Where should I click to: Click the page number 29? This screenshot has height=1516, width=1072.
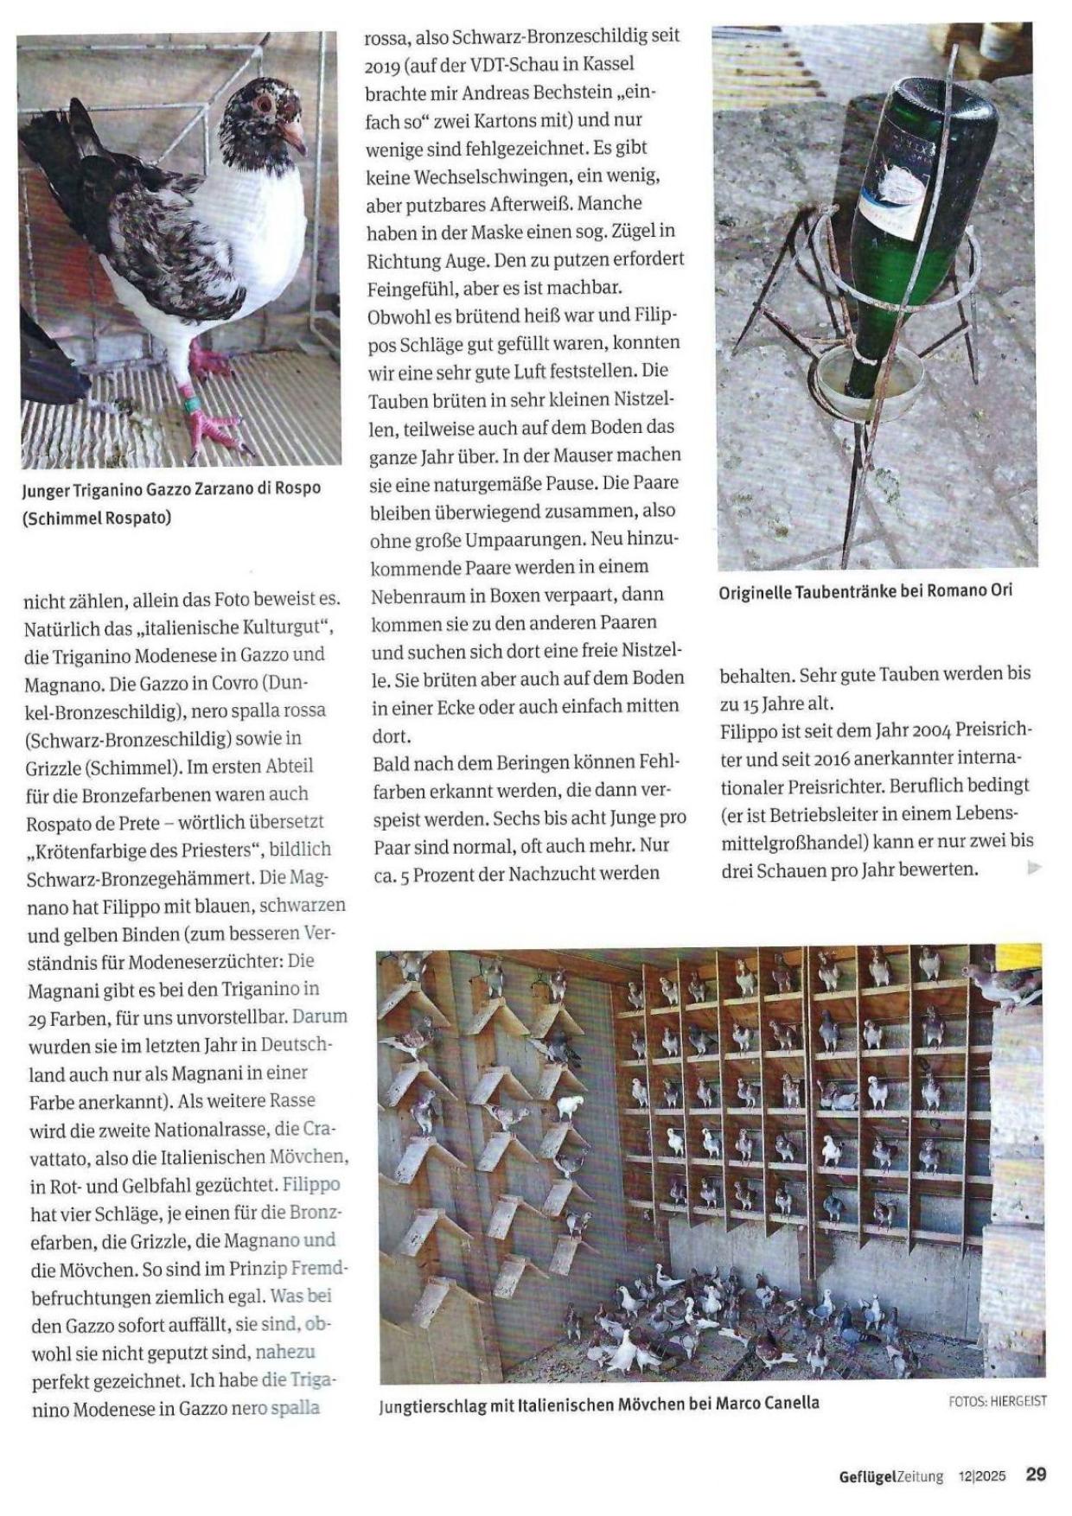1036,1474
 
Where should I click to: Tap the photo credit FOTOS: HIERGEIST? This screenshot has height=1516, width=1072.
997,1401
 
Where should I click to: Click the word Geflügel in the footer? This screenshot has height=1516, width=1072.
867,1476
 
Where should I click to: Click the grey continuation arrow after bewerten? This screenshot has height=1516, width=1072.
1033,868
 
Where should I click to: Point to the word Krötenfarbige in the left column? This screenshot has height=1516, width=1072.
85,850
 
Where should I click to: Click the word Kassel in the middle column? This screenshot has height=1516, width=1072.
608,65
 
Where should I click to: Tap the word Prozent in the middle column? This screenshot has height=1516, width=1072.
451,874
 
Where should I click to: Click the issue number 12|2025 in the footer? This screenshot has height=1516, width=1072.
981,1476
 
